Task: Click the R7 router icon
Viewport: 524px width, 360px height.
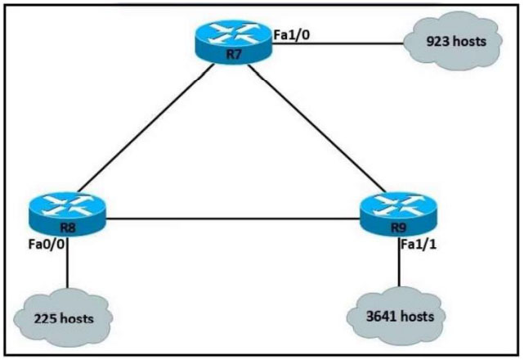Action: [x=234, y=41]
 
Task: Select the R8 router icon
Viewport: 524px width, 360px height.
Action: [x=67, y=214]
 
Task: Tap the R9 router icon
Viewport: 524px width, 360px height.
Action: [x=398, y=214]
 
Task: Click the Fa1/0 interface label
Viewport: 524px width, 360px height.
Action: [x=291, y=34]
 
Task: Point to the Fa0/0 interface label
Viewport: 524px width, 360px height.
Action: [x=46, y=245]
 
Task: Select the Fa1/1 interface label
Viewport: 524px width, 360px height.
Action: [x=419, y=245]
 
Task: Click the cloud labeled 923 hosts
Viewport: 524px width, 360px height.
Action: [x=453, y=41]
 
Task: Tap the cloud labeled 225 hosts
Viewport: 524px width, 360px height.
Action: [x=63, y=317]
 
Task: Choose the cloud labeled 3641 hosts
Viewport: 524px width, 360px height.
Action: [x=396, y=316]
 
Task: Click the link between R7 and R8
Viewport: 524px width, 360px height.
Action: [x=146, y=128]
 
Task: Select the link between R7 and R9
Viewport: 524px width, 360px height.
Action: [x=317, y=128]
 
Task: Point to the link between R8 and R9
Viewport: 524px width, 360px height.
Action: [x=233, y=219]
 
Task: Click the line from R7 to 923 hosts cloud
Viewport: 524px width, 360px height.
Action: [x=338, y=43]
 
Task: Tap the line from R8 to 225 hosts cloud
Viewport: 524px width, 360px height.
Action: [x=67, y=263]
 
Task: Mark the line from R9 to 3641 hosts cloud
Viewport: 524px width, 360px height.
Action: [x=399, y=262]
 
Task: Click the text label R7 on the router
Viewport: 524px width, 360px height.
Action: [x=234, y=54]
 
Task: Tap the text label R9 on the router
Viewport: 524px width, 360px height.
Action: [x=398, y=227]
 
